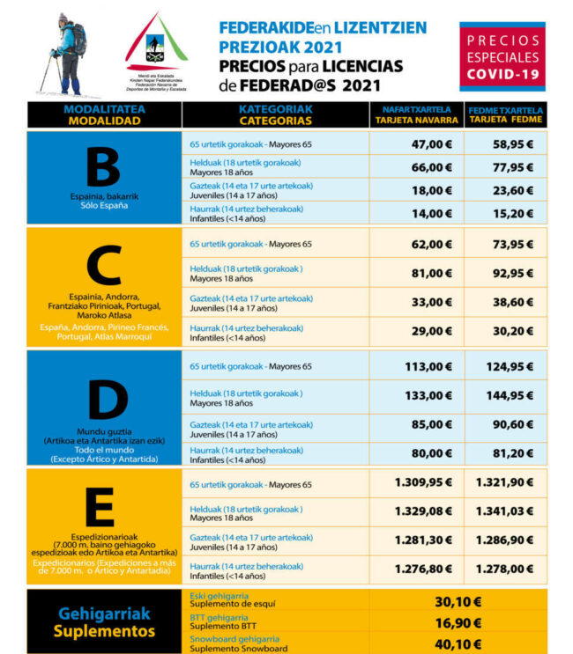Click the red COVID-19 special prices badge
coord(502,57)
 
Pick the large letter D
coord(103,400)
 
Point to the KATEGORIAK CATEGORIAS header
coord(275,115)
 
